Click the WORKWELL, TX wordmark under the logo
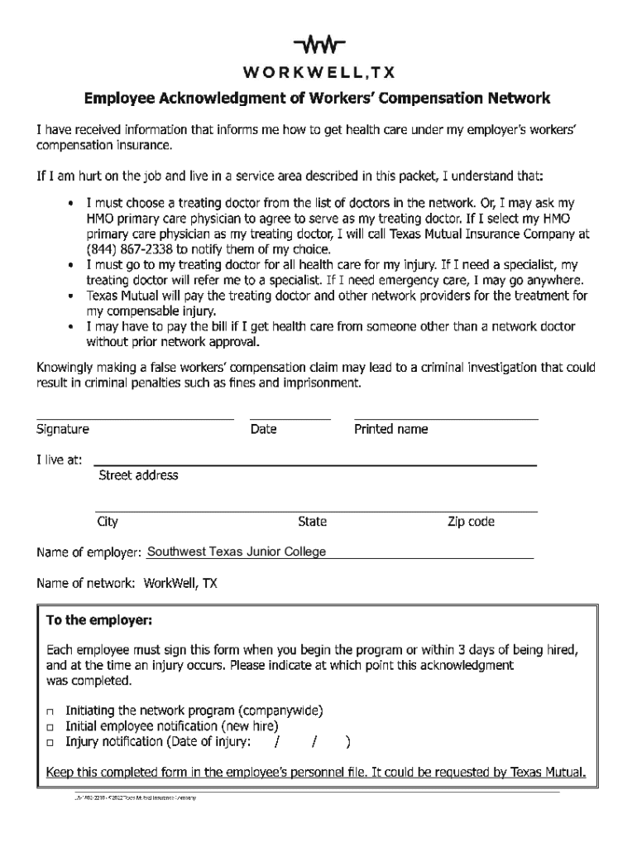coord(318,71)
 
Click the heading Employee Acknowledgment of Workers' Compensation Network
coord(318,99)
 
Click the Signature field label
coord(63,429)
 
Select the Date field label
coord(263,429)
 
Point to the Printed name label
coord(390,429)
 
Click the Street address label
coord(138,475)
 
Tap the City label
coord(108,522)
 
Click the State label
coord(312,522)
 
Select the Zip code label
coord(471,522)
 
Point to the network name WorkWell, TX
coord(180,583)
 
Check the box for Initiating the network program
coord(51,711)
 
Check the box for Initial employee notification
coord(51,726)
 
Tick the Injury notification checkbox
coord(51,742)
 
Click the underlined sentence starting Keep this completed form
coord(316,773)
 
